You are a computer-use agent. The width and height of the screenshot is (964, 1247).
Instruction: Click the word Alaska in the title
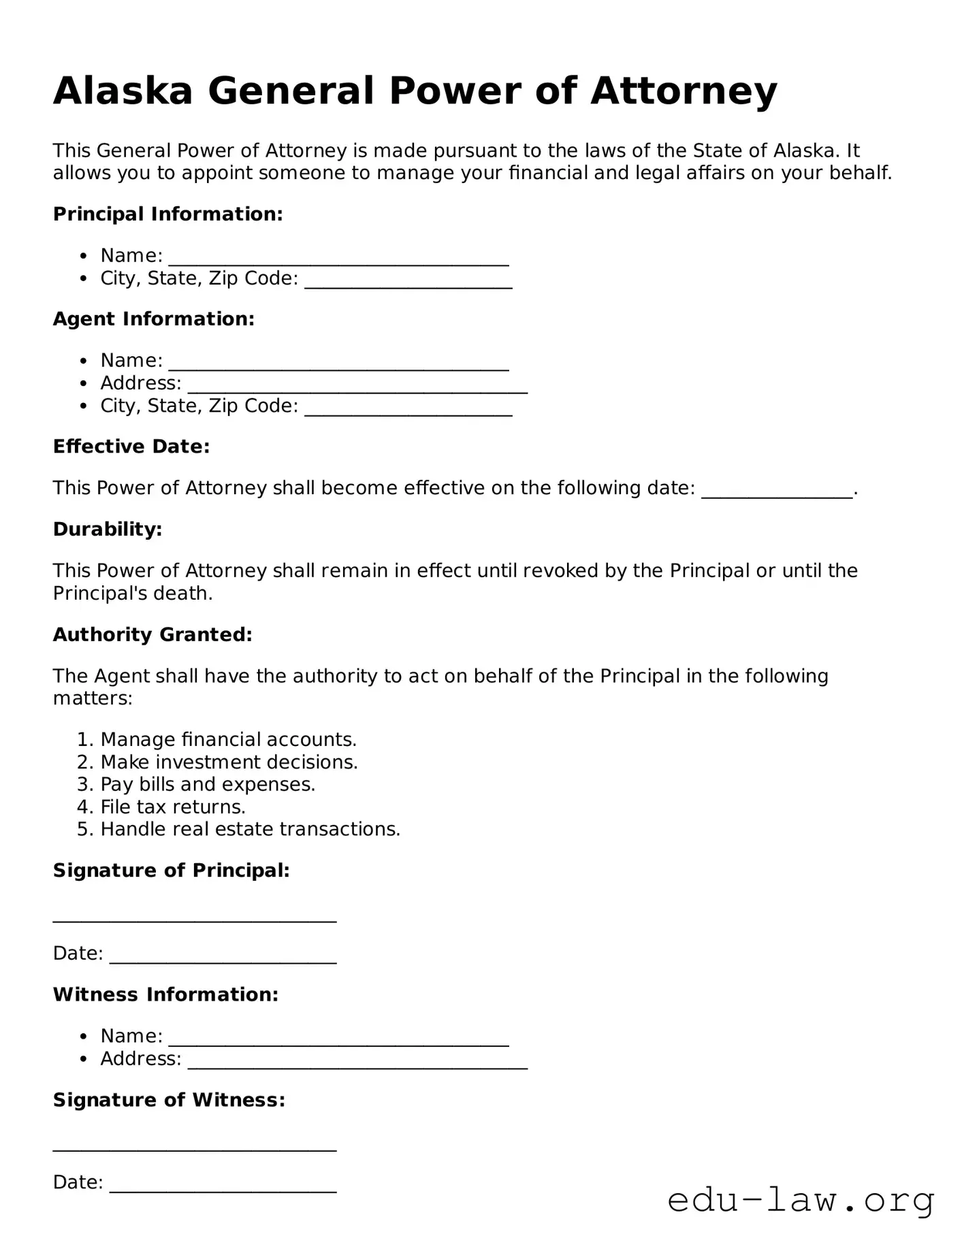[x=123, y=91]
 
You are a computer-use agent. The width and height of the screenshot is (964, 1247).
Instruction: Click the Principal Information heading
[x=167, y=214]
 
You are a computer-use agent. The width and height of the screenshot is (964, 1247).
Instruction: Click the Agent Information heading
[x=154, y=319]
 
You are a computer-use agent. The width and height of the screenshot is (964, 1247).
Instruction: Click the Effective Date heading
[x=131, y=447]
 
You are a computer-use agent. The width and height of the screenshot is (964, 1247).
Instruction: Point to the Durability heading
[x=108, y=529]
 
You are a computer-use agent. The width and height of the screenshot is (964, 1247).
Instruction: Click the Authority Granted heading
[x=152, y=634]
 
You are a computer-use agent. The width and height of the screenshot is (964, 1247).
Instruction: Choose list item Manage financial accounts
[x=228, y=739]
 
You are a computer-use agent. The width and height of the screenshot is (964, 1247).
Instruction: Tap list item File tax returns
[x=173, y=807]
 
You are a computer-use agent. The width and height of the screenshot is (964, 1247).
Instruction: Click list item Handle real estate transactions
[x=250, y=829]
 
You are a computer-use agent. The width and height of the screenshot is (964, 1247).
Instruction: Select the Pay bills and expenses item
[x=208, y=784]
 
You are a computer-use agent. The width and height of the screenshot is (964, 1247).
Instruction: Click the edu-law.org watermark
[x=801, y=1201]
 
